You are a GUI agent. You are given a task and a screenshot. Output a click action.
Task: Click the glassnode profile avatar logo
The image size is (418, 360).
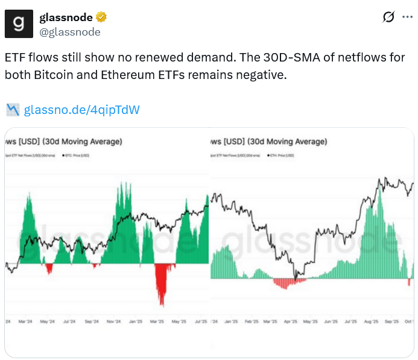pyautogui.click(x=19, y=24)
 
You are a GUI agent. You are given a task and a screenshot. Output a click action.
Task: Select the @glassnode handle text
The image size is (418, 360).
pyautogui.click(x=70, y=32)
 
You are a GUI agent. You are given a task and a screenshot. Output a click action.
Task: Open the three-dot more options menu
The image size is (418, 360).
pyautogui.click(x=408, y=17)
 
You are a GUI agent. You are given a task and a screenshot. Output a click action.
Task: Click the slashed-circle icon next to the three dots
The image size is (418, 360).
pyautogui.click(x=388, y=17)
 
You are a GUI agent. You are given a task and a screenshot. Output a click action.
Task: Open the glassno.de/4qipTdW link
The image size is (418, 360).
pyautogui.click(x=82, y=110)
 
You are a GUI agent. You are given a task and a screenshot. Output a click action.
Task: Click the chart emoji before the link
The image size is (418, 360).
pyautogui.click(x=13, y=110)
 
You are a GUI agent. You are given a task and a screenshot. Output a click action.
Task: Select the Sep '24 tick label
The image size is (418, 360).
pyautogui.click(x=92, y=321)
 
